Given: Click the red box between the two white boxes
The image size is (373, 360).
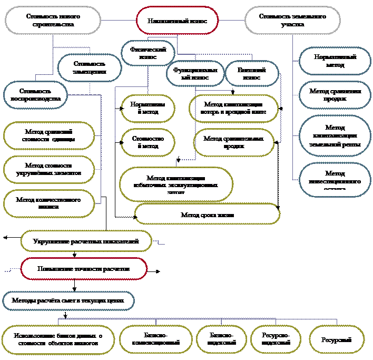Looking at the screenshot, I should pyautogui.click(x=176, y=21).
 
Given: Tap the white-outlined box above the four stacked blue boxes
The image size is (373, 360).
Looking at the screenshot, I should pyautogui.click(x=293, y=21).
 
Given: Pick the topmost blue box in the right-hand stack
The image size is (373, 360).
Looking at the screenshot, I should pyautogui.click(x=335, y=61).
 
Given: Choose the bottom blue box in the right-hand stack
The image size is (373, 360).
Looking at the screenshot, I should pyautogui.click(x=335, y=179).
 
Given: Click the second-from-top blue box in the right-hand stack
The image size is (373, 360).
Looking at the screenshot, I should pyautogui.click(x=335, y=94).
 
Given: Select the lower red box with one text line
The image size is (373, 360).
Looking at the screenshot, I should pyautogui.click(x=84, y=269).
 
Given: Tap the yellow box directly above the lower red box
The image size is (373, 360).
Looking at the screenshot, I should pyautogui.click(x=86, y=241).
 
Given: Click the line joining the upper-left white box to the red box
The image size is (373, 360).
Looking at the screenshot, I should pyautogui.click(x=119, y=21).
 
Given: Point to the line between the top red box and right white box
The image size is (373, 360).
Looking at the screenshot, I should pyautogui.click(x=232, y=21).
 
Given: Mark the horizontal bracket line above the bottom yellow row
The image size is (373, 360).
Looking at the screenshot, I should pyautogui.click(x=200, y=318).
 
